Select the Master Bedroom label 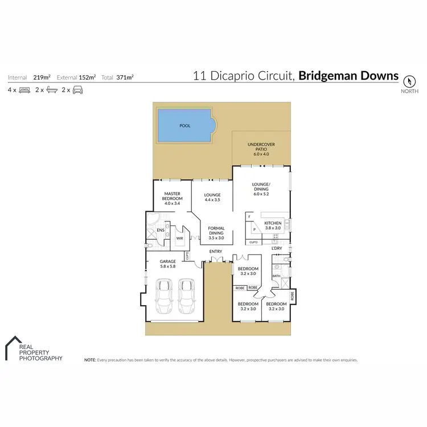[172, 198]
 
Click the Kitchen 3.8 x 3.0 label [273, 225]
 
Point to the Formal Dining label [216, 231]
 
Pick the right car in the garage [187, 296]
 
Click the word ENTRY [215, 251]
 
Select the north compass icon [409, 81]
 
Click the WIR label [179, 239]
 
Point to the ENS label [161, 231]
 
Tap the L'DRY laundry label [277, 249]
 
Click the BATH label [276, 276]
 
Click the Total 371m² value [125, 76]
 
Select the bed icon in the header [24, 90]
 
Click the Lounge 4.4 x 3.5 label [212, 198]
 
